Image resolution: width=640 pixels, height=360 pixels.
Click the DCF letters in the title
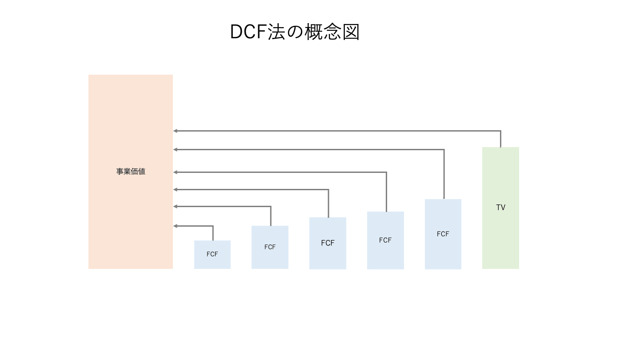[248, 32]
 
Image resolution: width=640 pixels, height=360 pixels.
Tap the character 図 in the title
[351, 32]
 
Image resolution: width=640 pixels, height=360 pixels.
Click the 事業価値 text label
[131, 172]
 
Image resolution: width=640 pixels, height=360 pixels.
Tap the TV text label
[500, 208]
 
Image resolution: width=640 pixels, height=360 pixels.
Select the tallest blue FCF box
[443, 253]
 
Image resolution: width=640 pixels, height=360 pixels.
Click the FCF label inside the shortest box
[212, 254]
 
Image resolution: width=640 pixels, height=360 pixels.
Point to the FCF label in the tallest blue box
[443, 234]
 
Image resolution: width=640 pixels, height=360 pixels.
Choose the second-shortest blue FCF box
[270, 258]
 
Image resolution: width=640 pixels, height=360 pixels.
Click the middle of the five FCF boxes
[328, 256]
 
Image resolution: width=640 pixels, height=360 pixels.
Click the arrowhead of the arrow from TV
[176, 131]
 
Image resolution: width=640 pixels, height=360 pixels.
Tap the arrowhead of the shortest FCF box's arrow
[176, 226]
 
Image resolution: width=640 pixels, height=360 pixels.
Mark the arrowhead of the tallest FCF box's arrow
[176, 149]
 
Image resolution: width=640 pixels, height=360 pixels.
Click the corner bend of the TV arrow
[500, 131]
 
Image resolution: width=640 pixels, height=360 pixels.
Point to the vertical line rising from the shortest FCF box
[213, 233]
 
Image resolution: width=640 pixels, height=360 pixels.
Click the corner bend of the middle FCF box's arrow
[328, 190]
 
